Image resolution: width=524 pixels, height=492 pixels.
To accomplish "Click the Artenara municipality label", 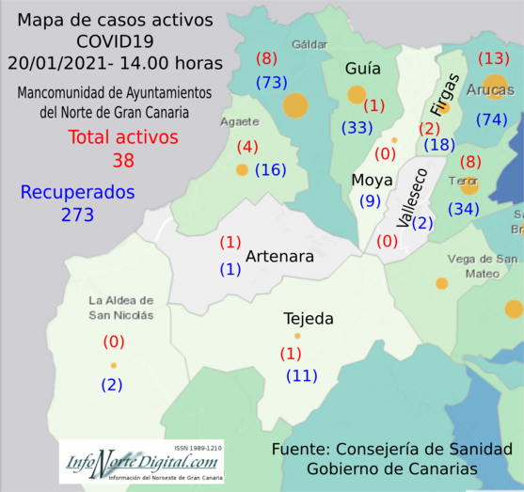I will point(279,256).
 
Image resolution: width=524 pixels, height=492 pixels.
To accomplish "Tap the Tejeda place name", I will point(309,319).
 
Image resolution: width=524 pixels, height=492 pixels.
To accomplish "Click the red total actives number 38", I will point(123,161).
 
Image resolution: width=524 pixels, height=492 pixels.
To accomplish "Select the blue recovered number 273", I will point(78,214).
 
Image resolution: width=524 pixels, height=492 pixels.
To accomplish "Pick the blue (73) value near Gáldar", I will point(271,83).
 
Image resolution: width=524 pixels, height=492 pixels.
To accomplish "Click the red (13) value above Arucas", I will point(493,58).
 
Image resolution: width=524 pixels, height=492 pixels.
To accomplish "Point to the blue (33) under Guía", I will point(356,127).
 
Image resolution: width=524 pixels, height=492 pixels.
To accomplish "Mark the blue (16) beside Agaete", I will point(270,170).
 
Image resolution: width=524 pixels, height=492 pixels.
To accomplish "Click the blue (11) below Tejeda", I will point(302,376).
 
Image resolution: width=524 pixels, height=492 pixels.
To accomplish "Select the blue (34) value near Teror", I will point(463,208).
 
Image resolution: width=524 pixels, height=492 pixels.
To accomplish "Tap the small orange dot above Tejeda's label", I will point(297,336).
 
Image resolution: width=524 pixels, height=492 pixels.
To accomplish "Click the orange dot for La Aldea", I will point(113,365).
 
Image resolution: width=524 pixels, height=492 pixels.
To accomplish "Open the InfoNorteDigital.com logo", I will point(141,461).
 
